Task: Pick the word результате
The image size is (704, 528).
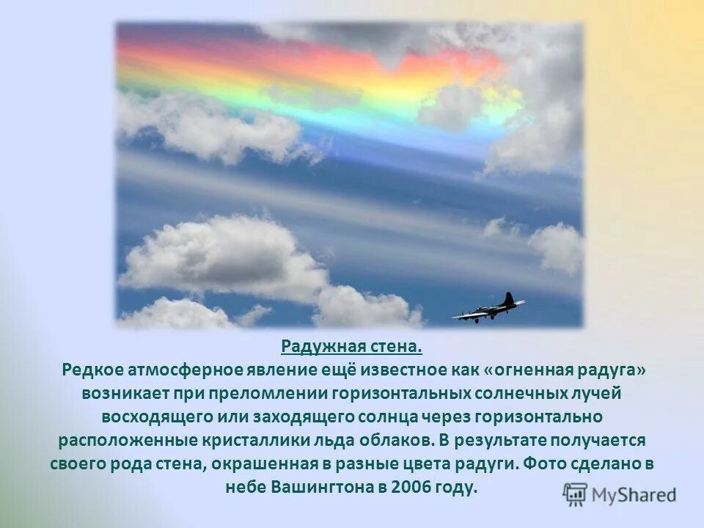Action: pos(511,441)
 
